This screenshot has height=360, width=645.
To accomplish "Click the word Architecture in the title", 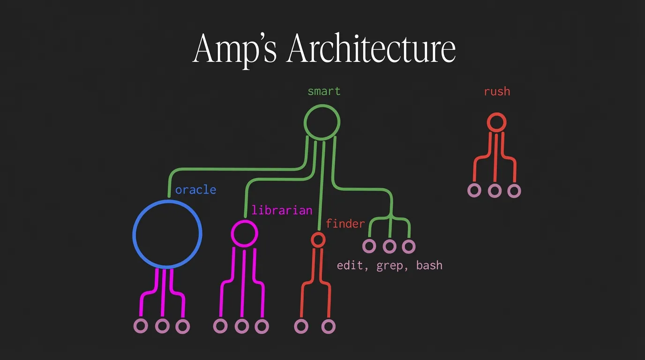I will (371, 49).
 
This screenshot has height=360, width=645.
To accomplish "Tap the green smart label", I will (324, 91).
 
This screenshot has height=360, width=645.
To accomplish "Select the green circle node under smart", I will (322, 122).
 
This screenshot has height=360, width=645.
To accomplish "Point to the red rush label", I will (497, 91).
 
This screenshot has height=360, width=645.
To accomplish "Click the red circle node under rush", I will (496, 122).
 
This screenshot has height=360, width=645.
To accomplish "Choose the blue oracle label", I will (195, 190).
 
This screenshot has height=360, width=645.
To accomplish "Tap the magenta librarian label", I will (282, 210).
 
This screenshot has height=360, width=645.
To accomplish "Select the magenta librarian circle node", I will (244, 233).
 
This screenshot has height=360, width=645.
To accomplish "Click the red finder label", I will (345, 224).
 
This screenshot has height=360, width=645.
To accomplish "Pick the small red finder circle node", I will (318, 240).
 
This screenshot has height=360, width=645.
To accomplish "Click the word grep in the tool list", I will (390, 265).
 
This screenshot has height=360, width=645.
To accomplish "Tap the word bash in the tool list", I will (429, 265).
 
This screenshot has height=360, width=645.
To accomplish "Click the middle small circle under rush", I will (495, 191).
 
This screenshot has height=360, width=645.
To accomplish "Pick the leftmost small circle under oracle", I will (141, 326).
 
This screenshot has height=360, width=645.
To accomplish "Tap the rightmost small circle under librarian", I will (262, 326).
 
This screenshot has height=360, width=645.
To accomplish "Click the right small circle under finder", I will (329, 326).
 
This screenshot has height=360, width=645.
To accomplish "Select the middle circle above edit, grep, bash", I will (389, 246).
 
